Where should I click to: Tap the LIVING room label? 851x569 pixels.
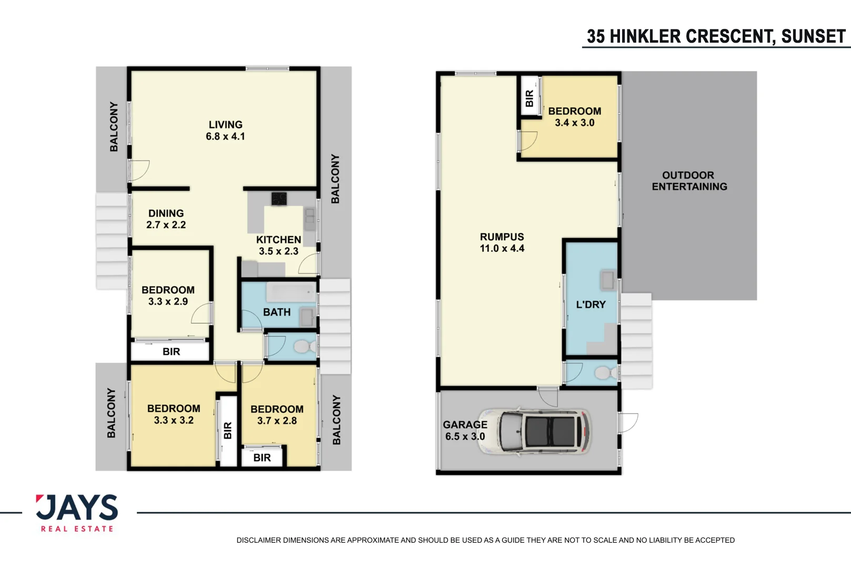point(225,125)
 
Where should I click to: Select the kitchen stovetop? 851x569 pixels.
point(279,199)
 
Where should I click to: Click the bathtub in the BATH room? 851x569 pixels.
point(291,291)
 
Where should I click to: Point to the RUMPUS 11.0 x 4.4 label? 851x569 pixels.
point(502,242)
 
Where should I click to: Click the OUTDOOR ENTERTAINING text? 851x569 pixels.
point(689,181)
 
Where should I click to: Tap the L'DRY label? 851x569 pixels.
point(590,305)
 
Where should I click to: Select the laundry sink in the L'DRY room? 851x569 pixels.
point(607,280)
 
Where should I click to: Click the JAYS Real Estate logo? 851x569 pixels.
point(77,513)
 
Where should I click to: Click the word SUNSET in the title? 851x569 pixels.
point(813,36)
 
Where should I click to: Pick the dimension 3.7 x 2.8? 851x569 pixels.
point(277,420)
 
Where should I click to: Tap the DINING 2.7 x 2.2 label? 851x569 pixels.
point(166,219)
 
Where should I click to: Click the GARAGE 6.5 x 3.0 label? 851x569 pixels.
point(465,430)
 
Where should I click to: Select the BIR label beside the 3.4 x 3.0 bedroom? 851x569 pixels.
point(529,98)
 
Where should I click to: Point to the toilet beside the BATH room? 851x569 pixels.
point(303,346)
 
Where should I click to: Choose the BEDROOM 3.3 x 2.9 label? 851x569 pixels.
point(168,295)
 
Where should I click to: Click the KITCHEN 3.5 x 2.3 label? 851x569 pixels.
point(278,245)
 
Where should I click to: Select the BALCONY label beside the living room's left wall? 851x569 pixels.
point(114,126)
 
